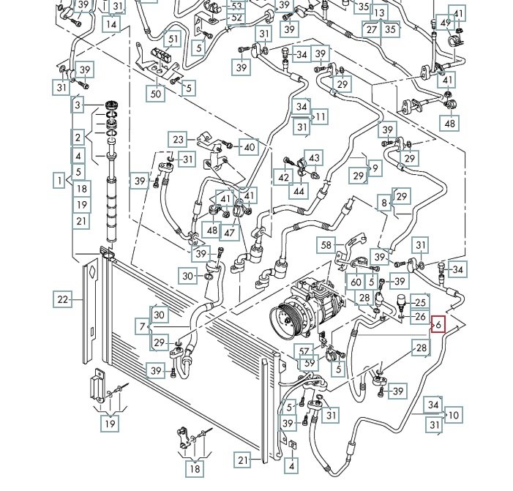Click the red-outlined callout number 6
(438, 324)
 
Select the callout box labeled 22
(63, 298)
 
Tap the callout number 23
(180, 139)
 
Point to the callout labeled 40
(250, 147)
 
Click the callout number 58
(326, 245)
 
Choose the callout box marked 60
(356, 282)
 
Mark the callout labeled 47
(230, 232)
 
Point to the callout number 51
(173, 39)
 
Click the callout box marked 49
(445, 23)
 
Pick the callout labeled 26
(420, 317)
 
